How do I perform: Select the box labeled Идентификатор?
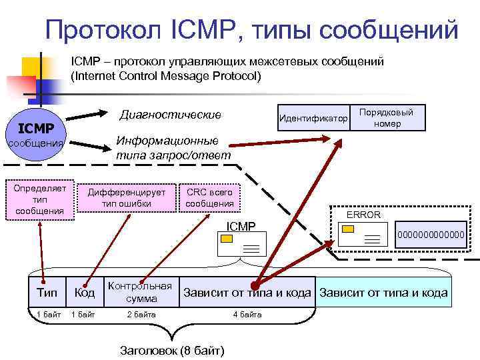coord(314,119)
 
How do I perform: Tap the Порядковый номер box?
coord(387,118)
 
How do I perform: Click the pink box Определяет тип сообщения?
coord(40,199)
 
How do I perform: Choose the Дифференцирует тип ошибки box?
coord(127,197)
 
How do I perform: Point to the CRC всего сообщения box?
coord(209,197)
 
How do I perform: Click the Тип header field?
coord(47,293)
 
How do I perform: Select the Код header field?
coord(84,293)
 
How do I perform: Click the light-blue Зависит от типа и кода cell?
coord(383,293)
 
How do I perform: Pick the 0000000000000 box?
coord(430,235)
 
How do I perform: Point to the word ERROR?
coord(363,215)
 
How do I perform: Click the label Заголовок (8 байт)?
coord(172,351)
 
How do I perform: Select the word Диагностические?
coord(170,115)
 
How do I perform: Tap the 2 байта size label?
coord(141,314)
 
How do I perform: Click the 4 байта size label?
coord(246,314)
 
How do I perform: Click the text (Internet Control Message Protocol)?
coord(167,75)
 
